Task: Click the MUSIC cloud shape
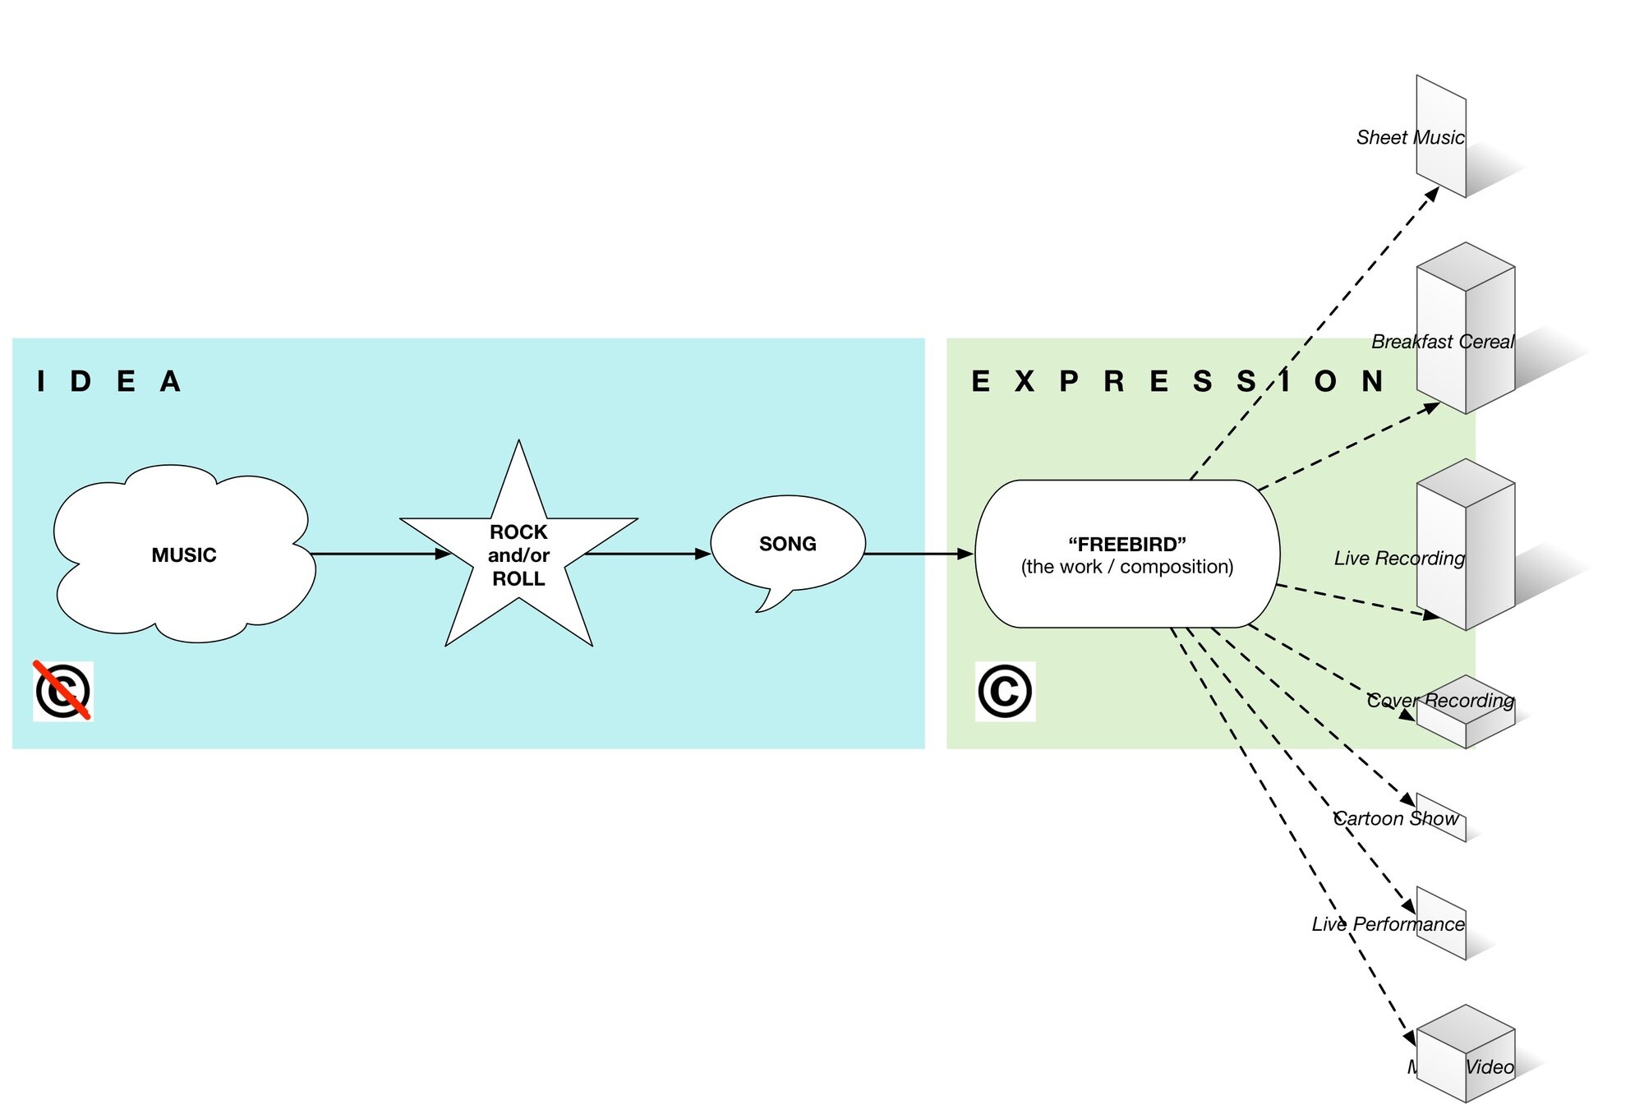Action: click(183, 554)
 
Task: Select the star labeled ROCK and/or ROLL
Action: click(518, 554)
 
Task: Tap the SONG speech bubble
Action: click(787, 544)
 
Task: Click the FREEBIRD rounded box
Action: click(1126, 554)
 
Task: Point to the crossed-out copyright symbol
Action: click(63, 691)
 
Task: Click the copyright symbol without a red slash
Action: click(1005, 691)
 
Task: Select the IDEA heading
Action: click(108, 381)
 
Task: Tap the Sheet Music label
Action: click(1410, 137)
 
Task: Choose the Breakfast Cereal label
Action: click(1442, 342)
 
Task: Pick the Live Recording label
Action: click(1399, 559)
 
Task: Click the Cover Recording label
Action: click(1439, 701)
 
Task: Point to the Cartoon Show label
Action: click(1395, 818)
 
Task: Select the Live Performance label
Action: click(1388, 924)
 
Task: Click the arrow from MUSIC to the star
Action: click(378, 554)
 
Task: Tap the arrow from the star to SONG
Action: click(645, 554)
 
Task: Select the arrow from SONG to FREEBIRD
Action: click(916, 554)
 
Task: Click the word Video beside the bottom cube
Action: click(1490, 1067)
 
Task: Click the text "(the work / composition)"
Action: click(1126, 567)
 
